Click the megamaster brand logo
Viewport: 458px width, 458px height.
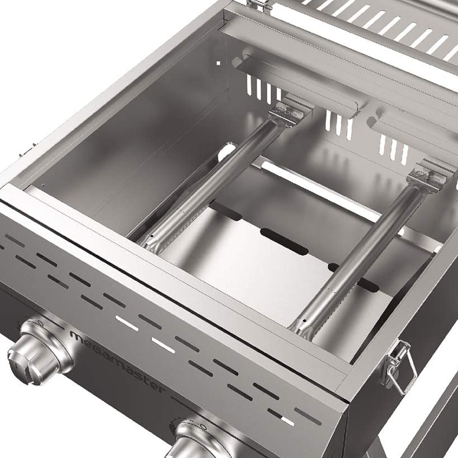click(x=117, y=361)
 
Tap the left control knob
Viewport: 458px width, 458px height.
click(x=40, y=351)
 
